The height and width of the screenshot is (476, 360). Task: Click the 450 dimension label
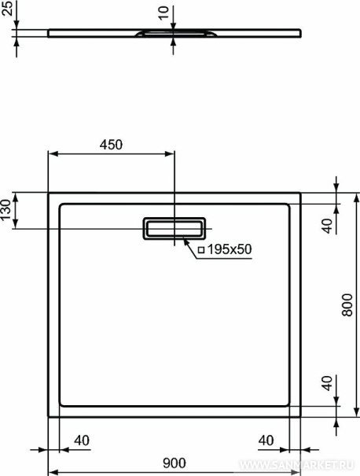pyautogui.click(x=111, y=145)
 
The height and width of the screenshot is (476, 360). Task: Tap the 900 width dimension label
pyautogui.click(x=174, y=463)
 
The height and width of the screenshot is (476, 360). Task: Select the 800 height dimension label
pyautogui.click(x=347, y=304)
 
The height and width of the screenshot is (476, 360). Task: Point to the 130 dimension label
pyautogui.click(x=6, y=210)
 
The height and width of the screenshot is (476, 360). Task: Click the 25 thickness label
pyautogui.click(x=8, y=8)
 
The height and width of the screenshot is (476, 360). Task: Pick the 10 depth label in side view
pyautogui.click(x=163, y=13)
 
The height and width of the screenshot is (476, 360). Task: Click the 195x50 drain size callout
pyautogui.click(x=230, y=249)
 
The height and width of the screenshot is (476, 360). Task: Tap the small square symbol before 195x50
pyautogui.click(x=201, y=250)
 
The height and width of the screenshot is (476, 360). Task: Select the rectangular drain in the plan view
pyautogui.click(x=174, y=228)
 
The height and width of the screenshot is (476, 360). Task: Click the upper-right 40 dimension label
pyautogui.click(x=328, y=226)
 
